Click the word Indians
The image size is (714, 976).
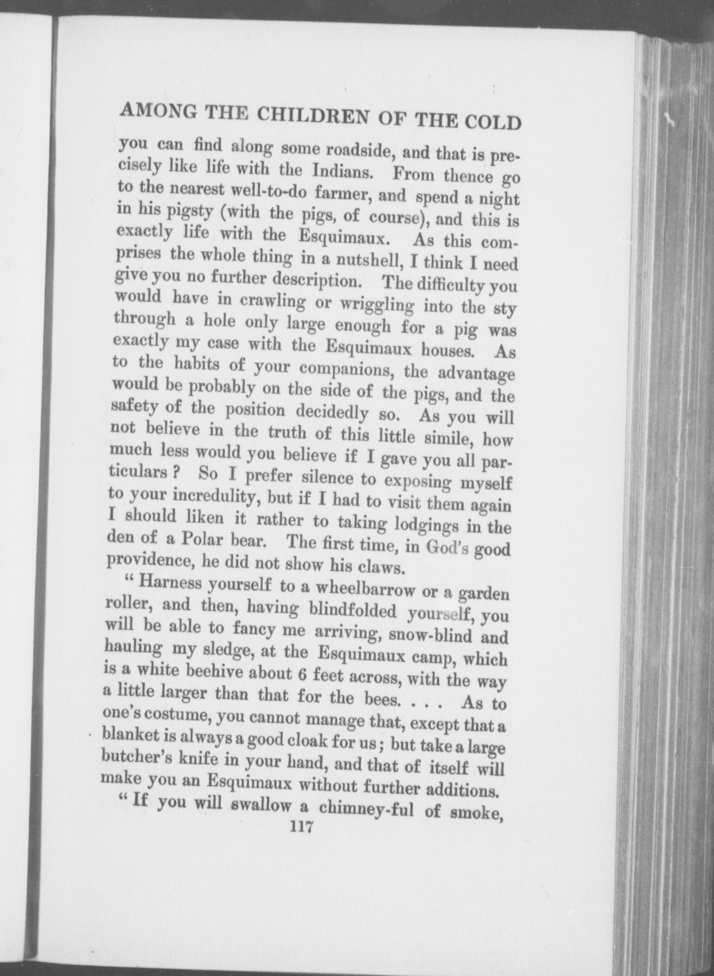(x=342, y=172)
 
